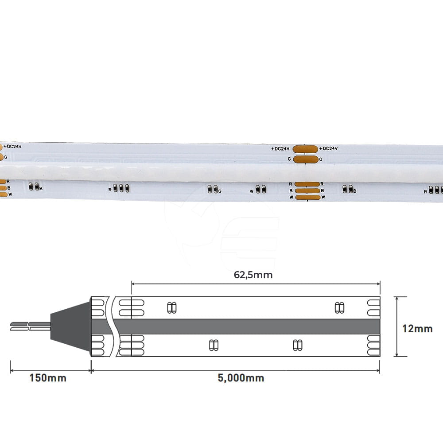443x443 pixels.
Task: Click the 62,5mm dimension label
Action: tap(253, 275)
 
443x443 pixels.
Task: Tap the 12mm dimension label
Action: tap(417, 329)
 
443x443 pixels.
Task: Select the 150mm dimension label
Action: tap(48, 378)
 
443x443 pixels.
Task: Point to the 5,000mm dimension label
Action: tap(241, 378)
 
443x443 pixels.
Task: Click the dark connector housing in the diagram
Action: tap(70, 326)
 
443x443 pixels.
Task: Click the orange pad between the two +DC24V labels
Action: tap(305, 149)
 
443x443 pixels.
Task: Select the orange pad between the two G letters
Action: tap(306, 159)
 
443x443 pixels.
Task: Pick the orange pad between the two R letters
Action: tap(307, 184)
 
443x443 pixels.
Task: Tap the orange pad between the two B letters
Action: tap(307, 190)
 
